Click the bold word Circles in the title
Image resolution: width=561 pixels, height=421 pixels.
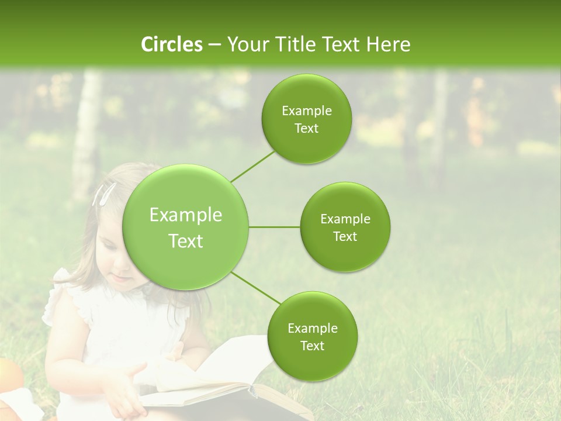171,44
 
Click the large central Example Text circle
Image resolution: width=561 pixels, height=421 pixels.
186,227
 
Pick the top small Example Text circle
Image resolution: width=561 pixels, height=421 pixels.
307,119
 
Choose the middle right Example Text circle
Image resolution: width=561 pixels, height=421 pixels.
345,227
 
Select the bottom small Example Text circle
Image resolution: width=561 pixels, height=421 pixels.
312,336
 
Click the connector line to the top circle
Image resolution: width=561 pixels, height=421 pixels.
252,166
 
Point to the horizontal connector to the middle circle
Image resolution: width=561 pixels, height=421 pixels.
275,227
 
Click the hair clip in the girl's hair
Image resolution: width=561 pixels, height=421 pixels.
104,194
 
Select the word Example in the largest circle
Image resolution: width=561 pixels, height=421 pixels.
186,215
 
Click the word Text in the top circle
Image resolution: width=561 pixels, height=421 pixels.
307,129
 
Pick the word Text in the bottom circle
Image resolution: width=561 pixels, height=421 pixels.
312,346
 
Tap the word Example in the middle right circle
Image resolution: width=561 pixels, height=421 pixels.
345,219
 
